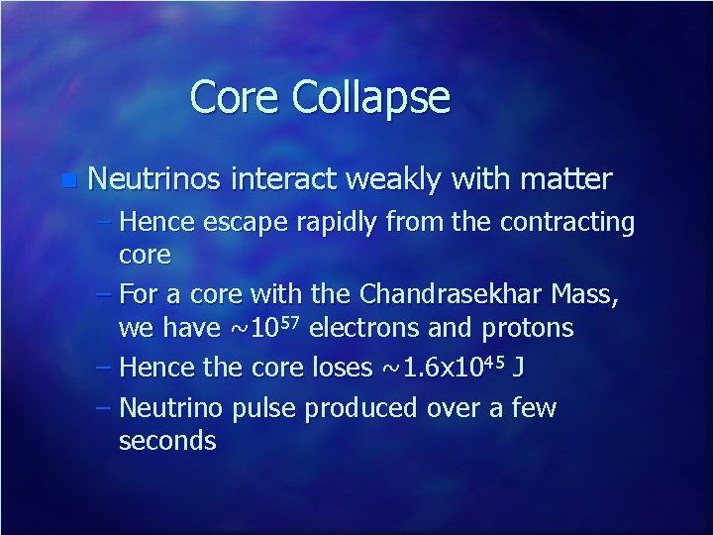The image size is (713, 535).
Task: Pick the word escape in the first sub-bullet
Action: pyautogui.click(x=241, y=224)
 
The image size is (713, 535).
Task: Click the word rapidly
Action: pyautogui.click(x=339, y=224)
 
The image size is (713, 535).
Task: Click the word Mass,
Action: pyautogui.click(x=595, y=294)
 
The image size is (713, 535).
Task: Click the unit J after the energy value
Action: pyautogui.click(x=520, y=369)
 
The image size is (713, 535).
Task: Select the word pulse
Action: pyautogui.click(x=266, y=409)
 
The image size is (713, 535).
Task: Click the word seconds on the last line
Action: pyautogui.click(x=166, y=441)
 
